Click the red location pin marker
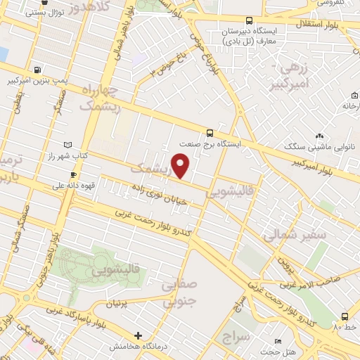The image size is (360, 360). [181, 165]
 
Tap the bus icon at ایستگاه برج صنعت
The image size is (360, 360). [210, 132]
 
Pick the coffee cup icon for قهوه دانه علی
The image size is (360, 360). [72, 175]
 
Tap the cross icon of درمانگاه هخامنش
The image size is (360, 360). [139, 336]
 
